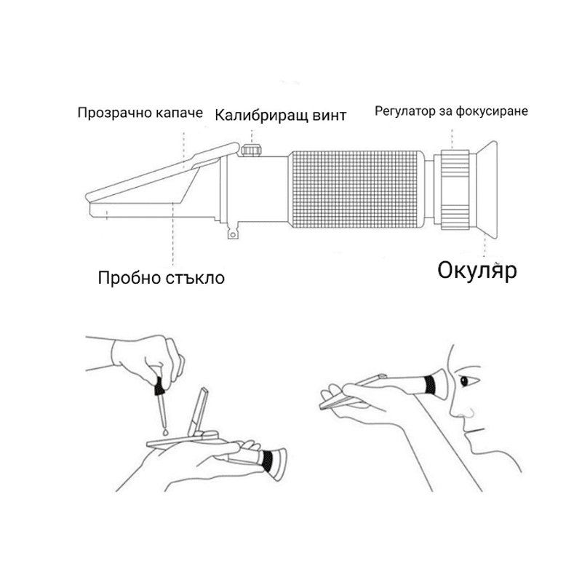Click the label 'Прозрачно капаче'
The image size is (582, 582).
point(140,113)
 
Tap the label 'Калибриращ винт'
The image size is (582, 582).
point(281,115)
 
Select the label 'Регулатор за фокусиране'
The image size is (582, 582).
point(451,111)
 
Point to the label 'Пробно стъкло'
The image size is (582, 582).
point(161,277)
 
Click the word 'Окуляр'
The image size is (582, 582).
point(477,270)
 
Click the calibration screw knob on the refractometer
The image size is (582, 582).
point(252,150)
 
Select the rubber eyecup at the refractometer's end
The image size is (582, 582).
point(486,189)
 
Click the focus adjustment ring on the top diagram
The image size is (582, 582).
point(455,189)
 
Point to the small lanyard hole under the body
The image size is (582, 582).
point(233,234)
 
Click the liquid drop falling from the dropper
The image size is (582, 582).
point(165,432)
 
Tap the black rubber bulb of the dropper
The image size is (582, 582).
point(159,386)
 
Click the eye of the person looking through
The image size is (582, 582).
point(465,380)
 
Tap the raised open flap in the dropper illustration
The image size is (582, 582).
point(198,412)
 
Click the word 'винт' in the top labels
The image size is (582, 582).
point(330,116)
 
